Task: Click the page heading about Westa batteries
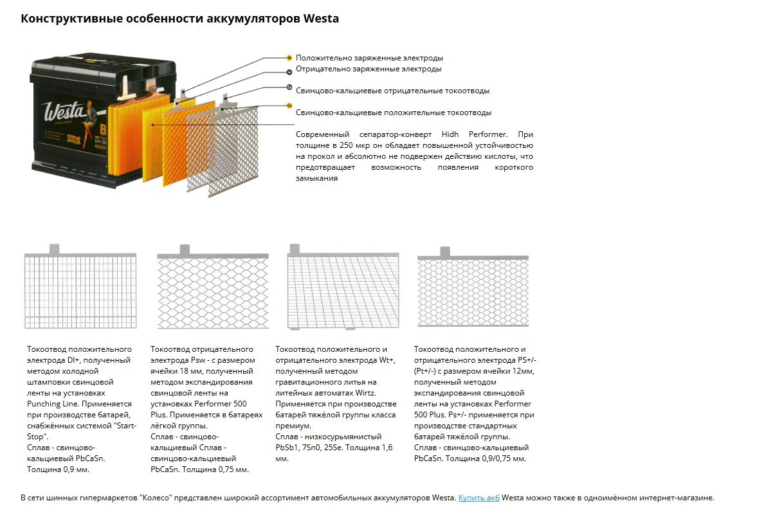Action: pos(179,19)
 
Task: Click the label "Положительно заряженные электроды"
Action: pos(369,58)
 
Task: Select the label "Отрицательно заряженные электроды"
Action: pos(369,69)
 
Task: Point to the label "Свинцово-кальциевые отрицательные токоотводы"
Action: pos(392,91)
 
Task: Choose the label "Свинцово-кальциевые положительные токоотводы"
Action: pos(394,113)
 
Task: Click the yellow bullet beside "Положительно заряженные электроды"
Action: pos(289,58)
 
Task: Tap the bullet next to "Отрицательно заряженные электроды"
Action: pos(289,69)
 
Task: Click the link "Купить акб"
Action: pos(479,498)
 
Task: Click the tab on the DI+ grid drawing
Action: pos(54,248)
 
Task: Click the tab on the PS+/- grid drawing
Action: pos(444,251)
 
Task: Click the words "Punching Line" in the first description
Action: pos(53,404)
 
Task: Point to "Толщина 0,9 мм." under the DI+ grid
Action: pos(58,469)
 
